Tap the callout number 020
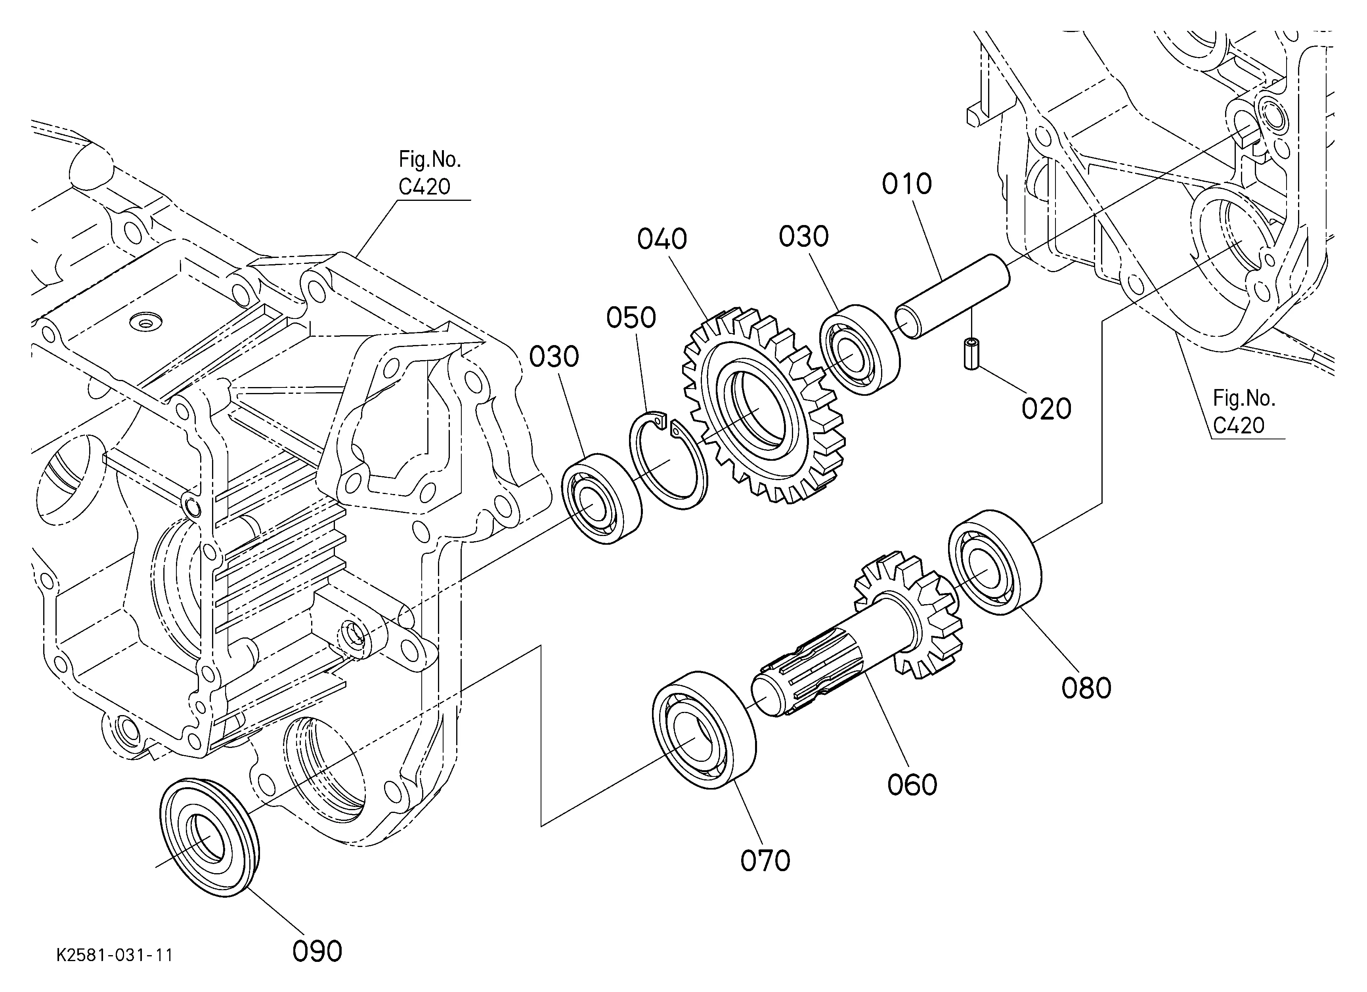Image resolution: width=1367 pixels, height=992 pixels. (x=1046, y=408)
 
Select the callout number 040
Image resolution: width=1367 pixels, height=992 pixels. (x=662, y=239)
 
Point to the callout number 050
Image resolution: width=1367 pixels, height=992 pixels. (x=631, y=317)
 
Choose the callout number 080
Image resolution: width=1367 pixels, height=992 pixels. (x=1086, y=688)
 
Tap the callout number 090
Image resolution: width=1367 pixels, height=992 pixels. (x=317, y=952)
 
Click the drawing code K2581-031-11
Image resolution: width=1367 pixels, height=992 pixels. (x=115, y=955)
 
